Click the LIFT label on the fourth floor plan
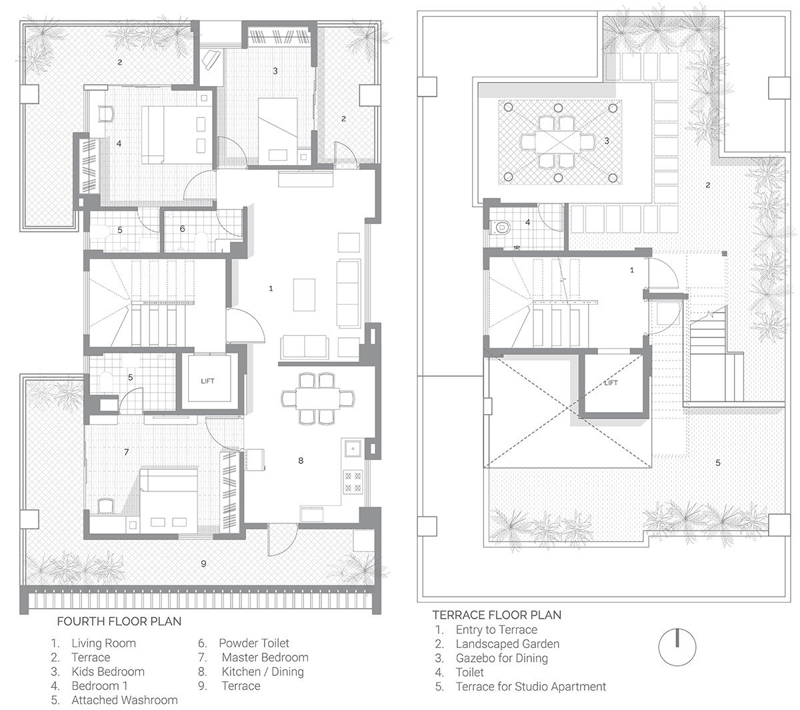(207, 381)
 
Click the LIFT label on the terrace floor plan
(611, 383)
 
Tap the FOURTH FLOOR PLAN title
(119, 621)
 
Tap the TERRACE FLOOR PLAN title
(497, 615)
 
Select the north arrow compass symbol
(677, 647)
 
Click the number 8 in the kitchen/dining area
(301, 461)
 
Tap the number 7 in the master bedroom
(127, 452)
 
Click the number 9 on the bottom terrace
(204, 564)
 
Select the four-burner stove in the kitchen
(353, 481)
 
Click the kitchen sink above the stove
(352, 448)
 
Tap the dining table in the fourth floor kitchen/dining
(318, 399)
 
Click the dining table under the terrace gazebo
(557, 141)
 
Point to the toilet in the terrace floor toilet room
(500, 227)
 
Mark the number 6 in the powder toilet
(183, 229)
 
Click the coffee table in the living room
(304, 295)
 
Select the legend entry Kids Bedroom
(108, 672)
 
